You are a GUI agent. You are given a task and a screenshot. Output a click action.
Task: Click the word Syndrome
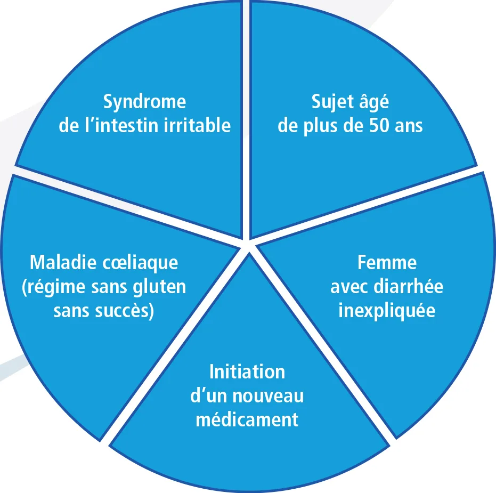coord(144,102)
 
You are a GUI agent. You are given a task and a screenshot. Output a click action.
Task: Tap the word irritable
coord(197,125)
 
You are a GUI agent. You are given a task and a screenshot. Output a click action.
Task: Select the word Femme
coord(387,263)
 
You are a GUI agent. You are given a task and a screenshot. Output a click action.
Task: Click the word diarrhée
coord(409,287)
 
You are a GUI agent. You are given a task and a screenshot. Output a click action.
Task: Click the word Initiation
coord(247,372)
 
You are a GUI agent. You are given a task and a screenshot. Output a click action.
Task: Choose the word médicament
coord(247,419)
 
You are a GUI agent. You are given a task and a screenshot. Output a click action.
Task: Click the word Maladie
coord(63,263)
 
